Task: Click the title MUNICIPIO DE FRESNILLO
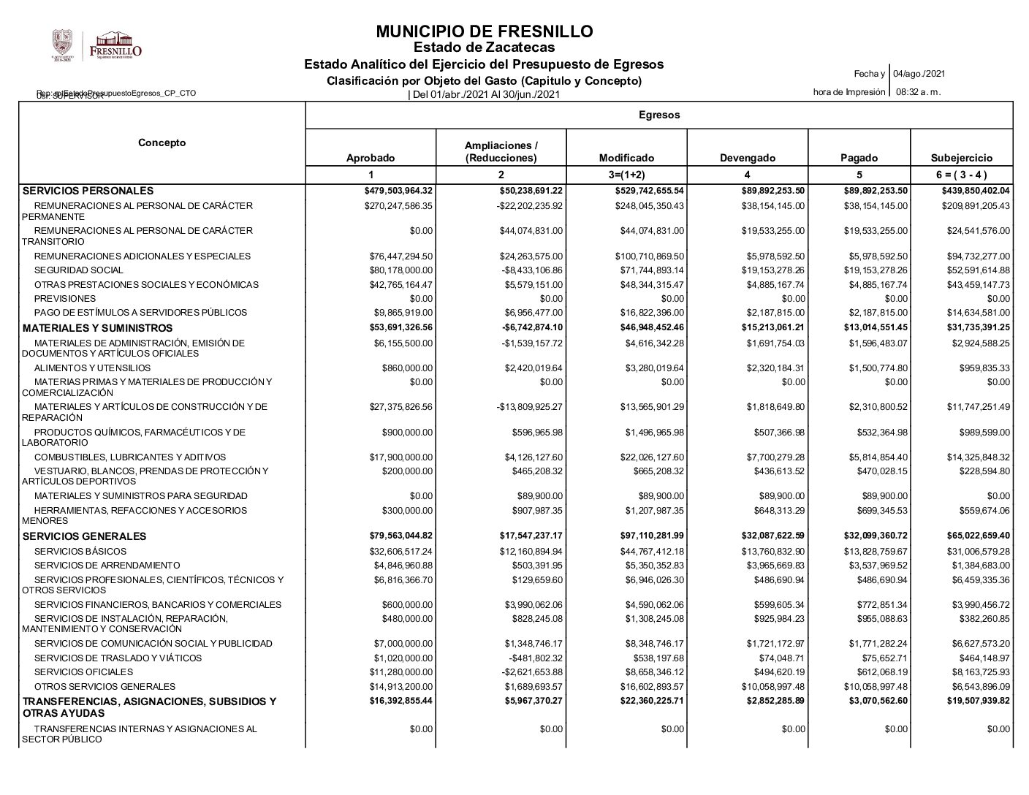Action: [x=484, y=31]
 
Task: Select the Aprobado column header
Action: [x=370, y=158]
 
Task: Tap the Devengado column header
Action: [x=748, y=158]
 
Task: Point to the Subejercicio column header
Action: [x=962, y=158]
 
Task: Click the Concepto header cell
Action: [x=162, y=142]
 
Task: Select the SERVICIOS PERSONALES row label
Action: [x=88, y=191]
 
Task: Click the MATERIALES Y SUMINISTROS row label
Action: [x=98, y=328]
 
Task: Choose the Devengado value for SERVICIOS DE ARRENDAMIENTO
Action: [x=772, y=566]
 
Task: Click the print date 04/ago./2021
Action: [x=919, y=74]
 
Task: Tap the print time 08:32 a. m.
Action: [x=918, y=92]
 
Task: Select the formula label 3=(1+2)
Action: [x=626, y=175]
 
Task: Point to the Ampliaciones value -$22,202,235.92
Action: [x=529, y=206]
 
